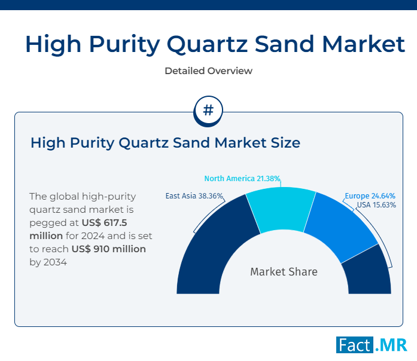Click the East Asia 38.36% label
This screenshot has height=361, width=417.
point(194,195)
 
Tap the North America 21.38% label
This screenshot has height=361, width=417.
point(242,179)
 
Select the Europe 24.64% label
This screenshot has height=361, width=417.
point(369,195)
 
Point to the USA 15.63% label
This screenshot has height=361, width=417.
point(376,204)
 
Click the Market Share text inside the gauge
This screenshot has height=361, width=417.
point(284,272)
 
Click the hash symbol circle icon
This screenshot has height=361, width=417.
point(208,111)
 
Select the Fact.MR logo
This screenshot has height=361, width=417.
point(371,345)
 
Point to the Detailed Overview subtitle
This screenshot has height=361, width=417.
point(208,71)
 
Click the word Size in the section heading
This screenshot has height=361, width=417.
point(283,143)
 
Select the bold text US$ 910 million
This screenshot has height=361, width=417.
point(108,249)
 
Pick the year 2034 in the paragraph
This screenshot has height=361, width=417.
point(54,262)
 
